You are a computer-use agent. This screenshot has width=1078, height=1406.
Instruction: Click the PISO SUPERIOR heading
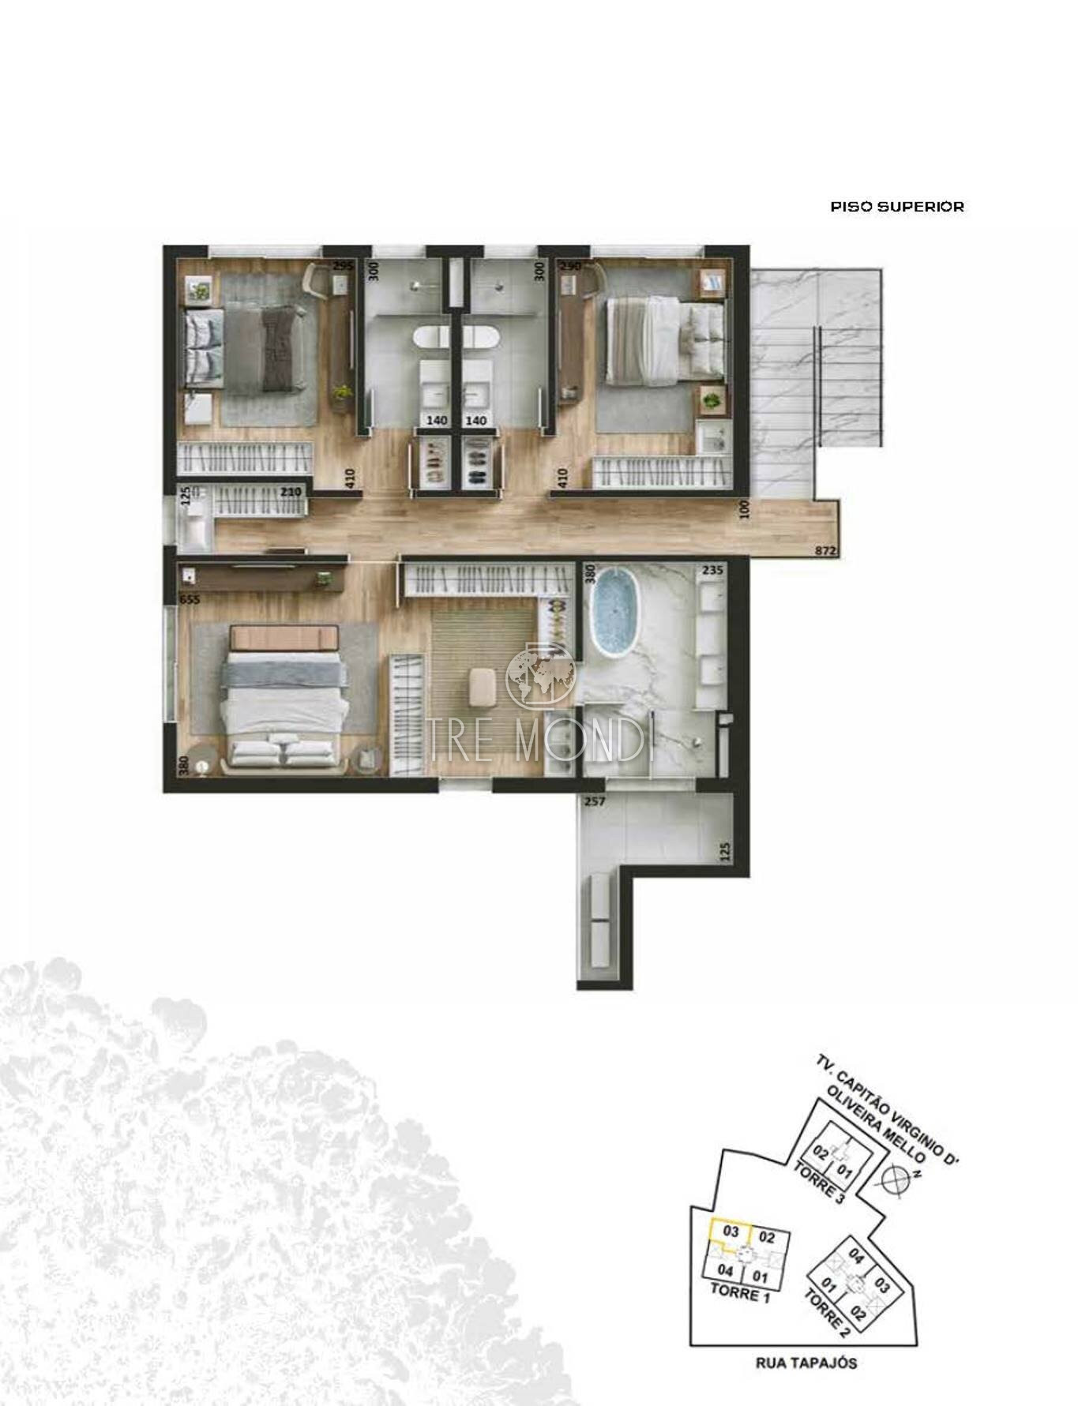pos(897,207)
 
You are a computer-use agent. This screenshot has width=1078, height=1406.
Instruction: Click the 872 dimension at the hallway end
pos(825,552)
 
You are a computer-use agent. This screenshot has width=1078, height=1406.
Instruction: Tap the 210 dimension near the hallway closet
pos(293,491)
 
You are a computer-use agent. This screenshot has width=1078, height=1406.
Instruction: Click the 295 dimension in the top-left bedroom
pos(342,266)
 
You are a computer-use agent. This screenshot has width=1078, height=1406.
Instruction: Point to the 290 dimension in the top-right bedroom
pos(571,267)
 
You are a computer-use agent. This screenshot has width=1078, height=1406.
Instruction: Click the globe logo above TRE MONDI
pos(541,676)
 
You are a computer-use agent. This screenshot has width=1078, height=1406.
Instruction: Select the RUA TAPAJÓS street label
pos(806,1362)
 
